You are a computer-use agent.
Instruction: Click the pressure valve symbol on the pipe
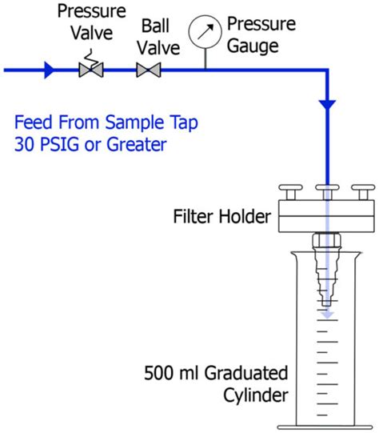point(90,70)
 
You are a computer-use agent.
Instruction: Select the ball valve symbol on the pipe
point(147,70)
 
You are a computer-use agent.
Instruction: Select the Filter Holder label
point(220,216)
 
